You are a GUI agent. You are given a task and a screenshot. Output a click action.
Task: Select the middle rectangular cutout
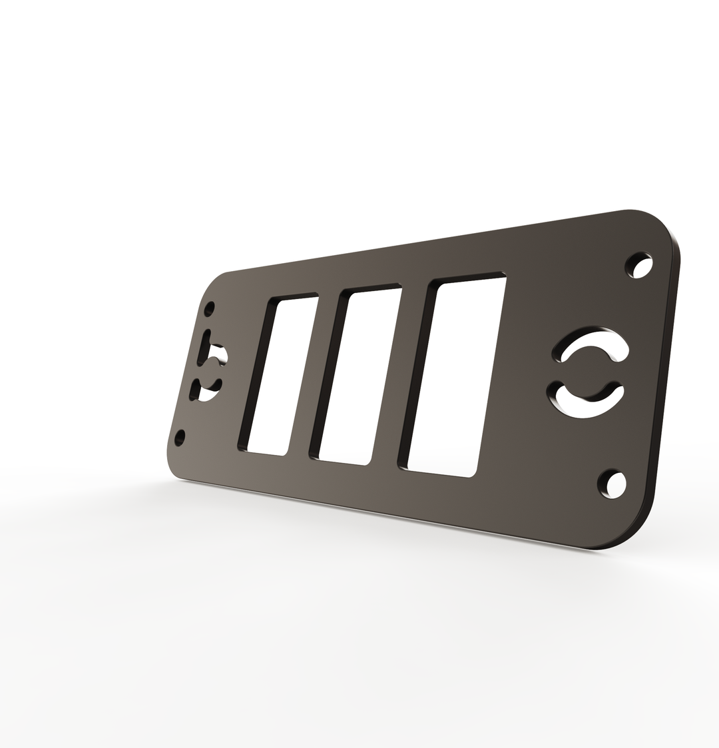(359, 376)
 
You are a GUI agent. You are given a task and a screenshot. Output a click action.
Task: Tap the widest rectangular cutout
(456, 376)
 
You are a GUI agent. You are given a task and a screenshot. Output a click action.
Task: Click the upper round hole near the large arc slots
(641, 266)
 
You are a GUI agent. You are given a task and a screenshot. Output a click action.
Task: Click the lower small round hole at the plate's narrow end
(179, 438)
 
